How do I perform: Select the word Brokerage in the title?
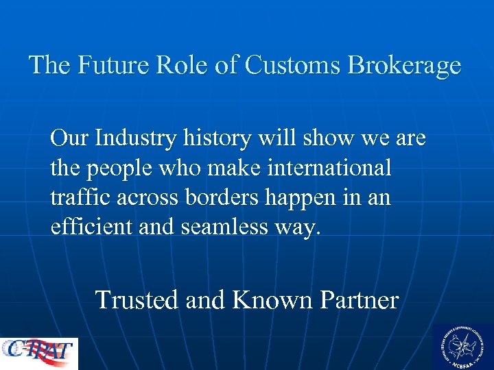405,66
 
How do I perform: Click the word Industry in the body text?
132,139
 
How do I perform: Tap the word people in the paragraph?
119,169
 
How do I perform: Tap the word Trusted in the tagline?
137,300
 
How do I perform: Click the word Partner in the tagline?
357,300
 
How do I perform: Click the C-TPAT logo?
39,353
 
